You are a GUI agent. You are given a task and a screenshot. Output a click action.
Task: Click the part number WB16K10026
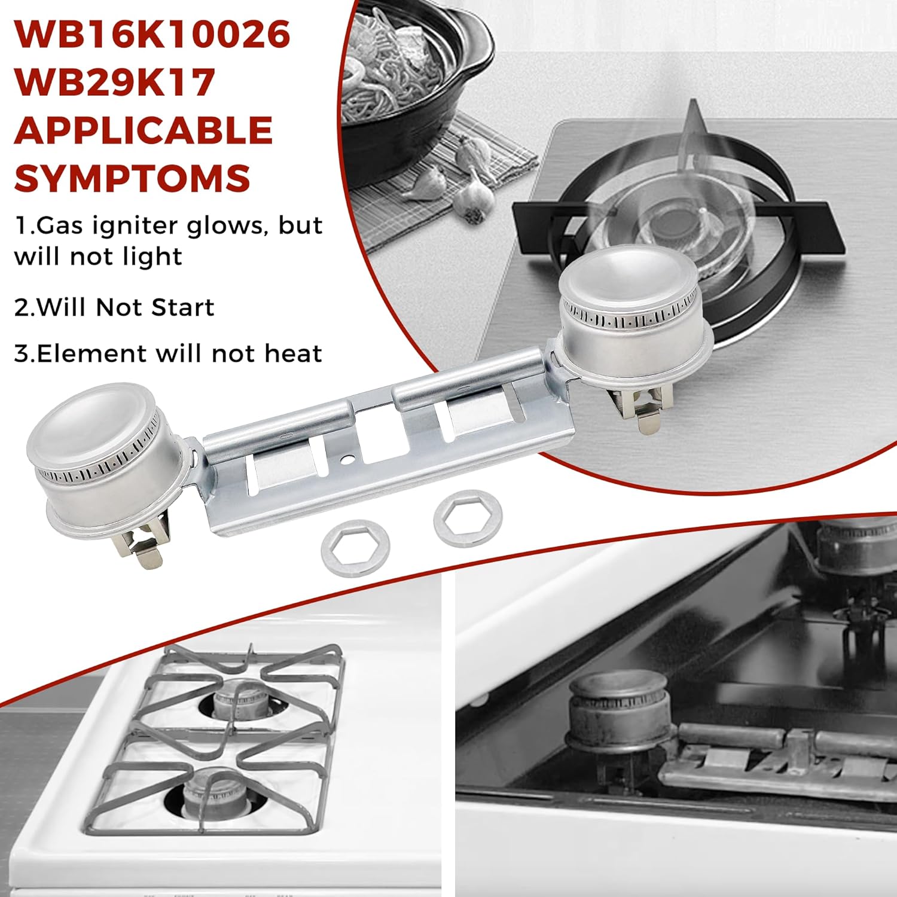tap(152, 35)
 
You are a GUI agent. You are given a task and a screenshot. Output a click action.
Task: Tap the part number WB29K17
tap(115, 82)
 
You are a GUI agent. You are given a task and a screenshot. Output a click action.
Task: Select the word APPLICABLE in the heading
tap(144, 130)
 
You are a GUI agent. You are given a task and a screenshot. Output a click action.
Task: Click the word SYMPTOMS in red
tap(132, 178)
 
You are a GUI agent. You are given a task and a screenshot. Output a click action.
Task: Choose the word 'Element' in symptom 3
tap(75, 353)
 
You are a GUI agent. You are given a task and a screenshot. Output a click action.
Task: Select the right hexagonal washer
tap(468, 518)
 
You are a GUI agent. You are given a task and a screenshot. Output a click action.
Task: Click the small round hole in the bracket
tap(345, 461)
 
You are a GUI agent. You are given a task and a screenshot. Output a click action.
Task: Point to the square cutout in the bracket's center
tap(384, 441)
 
